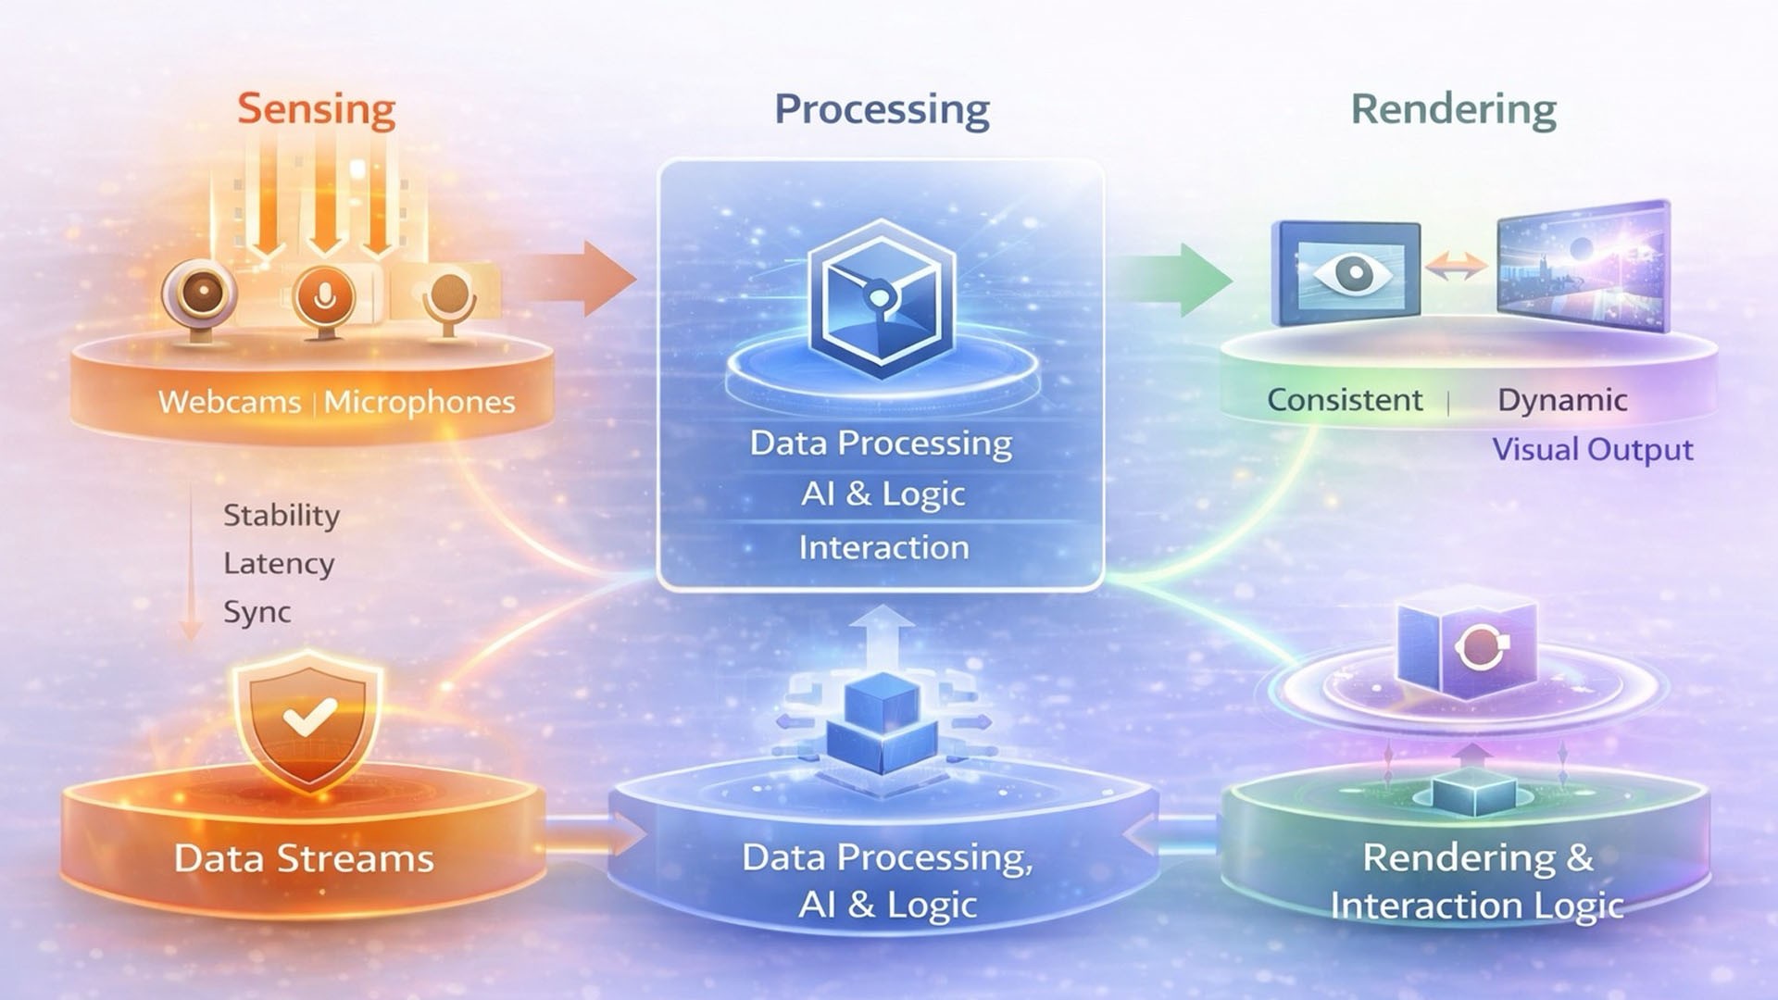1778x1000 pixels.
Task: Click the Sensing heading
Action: pyautogui.click(x=317, y=108)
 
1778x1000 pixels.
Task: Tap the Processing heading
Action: pyautogui.click(x=882, y=109)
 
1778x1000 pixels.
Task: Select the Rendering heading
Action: pyautogui.click(x=1453, y=109)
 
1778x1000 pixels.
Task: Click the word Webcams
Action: pyautogui.click(x=230, y=402)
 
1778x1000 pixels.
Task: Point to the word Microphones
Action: pyautogui.click(x=419, y=402)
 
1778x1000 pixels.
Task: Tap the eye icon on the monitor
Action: pyautogui.click(x=1352, y=272)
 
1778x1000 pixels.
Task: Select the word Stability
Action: pyautogui.click(x=282, y=515)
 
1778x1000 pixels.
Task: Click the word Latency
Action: pyautogui.click(x=279, y=563)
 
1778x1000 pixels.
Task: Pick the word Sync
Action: pyautogui.click(x=257, y=612)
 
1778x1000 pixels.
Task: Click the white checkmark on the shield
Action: pyautogui.click(x=309, y=716)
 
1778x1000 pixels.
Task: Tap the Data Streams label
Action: pyautogui.click(x=304, y=858)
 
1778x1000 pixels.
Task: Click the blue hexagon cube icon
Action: pyautogui.click(x=881, y=298)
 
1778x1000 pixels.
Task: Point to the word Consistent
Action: pyautogui.click(x=1345, y=400)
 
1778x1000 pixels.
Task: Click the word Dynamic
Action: pyautogui.click(x=1562, y=400)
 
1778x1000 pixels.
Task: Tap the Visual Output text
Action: pyautogui.click(x=1593, y=450)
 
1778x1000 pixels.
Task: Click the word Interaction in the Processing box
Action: pyautogui.click(x=883, y=547)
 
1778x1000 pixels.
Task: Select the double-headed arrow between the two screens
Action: pyautogui.click(x=1458, y=268)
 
